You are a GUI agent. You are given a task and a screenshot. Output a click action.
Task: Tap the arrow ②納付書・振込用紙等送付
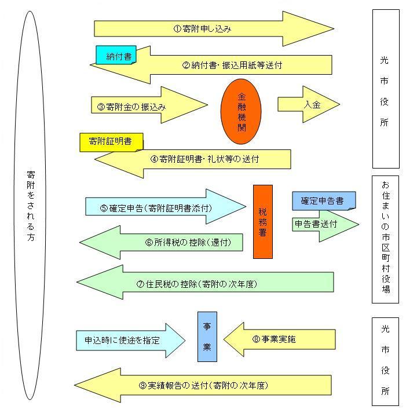(x=232, y=65)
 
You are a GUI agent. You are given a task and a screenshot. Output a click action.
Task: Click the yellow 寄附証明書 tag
(x=111, y=142)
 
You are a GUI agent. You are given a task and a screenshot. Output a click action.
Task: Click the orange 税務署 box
(x=262, y=221)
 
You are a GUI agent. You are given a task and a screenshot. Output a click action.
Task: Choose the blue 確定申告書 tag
(x=323, y=200)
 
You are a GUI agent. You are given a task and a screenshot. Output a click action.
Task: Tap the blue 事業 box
(x=207, y=336)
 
